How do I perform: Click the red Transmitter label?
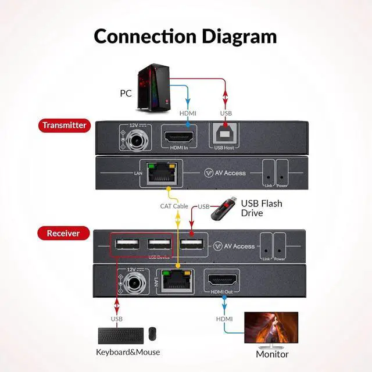65,125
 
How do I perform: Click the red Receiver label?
63,234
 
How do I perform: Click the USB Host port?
225,137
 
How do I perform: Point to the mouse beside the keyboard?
152,334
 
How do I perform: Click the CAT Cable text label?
174,206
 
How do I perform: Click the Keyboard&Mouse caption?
128,352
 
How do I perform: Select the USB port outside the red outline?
191,244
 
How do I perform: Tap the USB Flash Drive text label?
262,208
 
